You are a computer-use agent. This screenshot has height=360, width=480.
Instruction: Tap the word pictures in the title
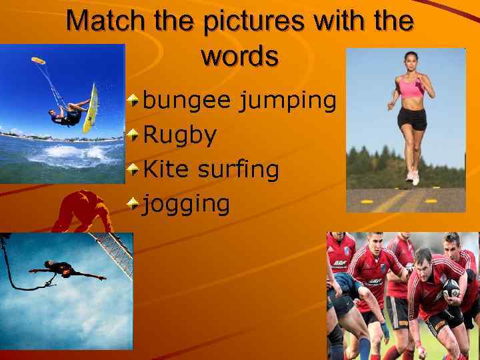coord(237,21)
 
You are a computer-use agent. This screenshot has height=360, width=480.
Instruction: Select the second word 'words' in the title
coord(239,56)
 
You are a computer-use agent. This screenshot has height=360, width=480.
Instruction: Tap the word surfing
coord(239,170)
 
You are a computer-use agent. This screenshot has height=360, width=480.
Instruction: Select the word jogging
coord(187,204)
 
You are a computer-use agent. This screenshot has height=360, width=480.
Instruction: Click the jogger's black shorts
coord(412,118)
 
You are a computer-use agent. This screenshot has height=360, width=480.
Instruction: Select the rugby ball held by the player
coord(451,288)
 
